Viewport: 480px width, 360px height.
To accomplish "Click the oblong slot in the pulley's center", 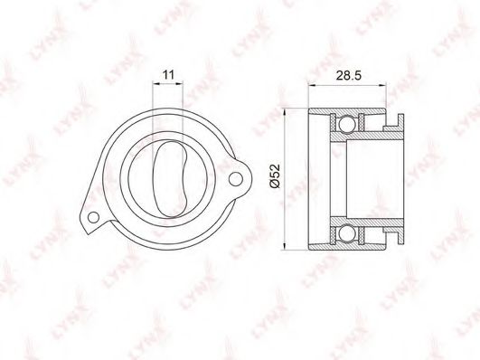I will point(168,175).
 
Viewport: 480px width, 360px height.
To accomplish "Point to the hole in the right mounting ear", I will point(237,175).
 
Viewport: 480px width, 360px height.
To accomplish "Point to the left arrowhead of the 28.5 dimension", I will point(311,87).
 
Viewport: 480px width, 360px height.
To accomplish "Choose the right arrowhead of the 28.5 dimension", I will point(399,87).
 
